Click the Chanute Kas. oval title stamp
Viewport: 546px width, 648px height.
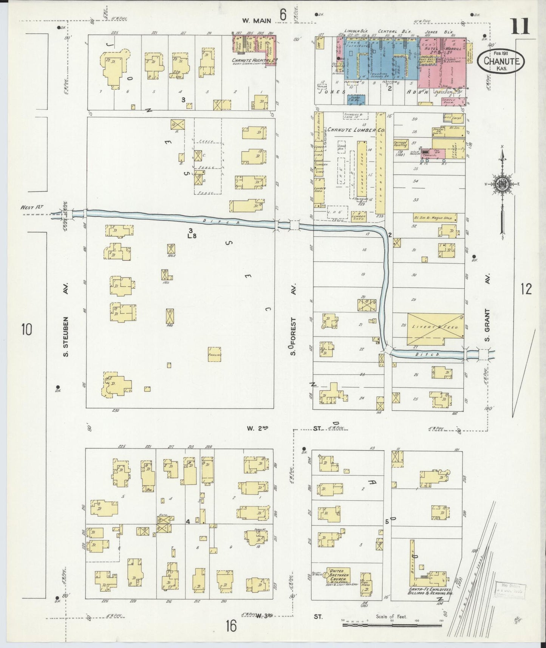coord(500,61)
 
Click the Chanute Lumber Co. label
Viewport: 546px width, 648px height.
coord(356,130)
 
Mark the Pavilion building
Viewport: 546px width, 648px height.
coord(214,355)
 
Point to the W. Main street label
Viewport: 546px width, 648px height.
coord(257,21)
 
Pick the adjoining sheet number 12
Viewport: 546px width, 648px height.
coord(526,290)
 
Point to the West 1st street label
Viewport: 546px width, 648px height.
coord(33,207)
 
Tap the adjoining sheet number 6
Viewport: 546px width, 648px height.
coord(283,15)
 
